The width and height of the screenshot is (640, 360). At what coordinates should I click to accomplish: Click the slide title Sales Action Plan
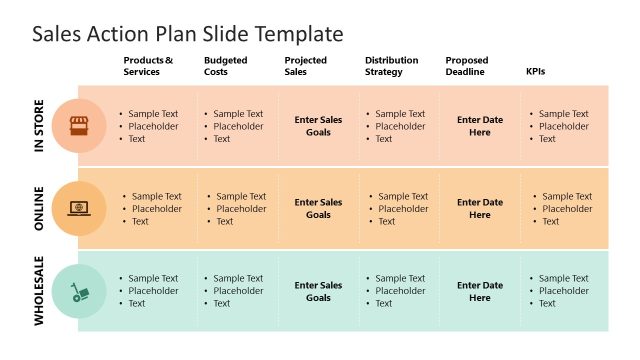tap(188, 34)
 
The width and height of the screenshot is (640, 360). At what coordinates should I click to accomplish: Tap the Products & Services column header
tap(148, 66)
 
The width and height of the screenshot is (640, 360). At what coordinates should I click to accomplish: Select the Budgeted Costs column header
tap(225, 66)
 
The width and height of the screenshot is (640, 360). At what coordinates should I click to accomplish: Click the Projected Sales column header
tap(306, 66)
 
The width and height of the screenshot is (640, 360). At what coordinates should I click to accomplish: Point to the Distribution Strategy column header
tap(392, 66)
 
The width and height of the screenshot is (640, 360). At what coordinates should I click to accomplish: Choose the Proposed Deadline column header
tap(466, 66)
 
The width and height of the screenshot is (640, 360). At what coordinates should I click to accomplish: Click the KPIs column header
tap(536, 72)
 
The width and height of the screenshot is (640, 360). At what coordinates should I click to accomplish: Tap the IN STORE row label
tap(40, 126)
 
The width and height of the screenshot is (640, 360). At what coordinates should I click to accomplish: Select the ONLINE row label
tap(40, 208)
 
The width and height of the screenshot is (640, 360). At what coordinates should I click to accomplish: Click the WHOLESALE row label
tap(40, 291)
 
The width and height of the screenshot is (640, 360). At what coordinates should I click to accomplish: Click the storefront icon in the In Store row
tap(78, 126)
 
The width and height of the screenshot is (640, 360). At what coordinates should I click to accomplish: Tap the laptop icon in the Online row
tap(78, 209)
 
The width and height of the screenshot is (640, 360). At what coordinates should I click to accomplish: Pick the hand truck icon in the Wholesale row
tap(78, 292)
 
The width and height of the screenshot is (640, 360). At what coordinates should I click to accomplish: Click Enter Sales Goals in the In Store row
tap(318, 126)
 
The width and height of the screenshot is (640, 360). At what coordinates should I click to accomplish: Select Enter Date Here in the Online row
tap(480, 208)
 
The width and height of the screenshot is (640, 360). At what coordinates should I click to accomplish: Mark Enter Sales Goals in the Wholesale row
tap(318, 291)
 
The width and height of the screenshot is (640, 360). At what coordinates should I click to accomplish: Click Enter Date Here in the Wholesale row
tap(480, 291)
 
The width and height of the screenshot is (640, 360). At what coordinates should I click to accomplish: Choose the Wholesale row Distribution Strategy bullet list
tap(400, 291)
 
